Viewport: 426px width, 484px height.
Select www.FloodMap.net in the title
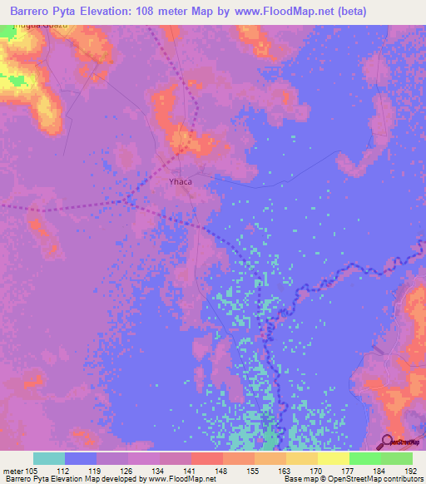[281, 10]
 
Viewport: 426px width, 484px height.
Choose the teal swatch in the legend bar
[49, 458]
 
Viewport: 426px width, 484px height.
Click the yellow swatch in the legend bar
[333, 458]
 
